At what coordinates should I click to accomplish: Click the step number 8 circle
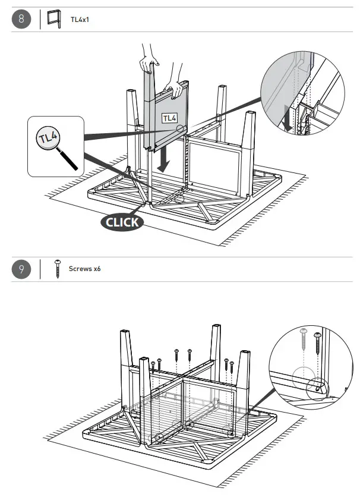(x=21, y=20)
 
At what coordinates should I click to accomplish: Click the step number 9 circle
(x=21, y=269)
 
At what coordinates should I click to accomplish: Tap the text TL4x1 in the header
(x=80, y=20)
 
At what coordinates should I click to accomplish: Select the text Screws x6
(x=85, y=269)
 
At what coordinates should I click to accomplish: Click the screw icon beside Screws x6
(x=58, y=269)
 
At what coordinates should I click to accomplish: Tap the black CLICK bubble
(x=122, y=222)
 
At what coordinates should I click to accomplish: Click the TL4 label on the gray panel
(x=170, y=118)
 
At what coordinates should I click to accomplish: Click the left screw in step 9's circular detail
(x=304, y=338)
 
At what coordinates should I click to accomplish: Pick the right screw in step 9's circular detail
(x=317, y=344)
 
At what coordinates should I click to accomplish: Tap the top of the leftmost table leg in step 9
(x=125, y=332)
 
